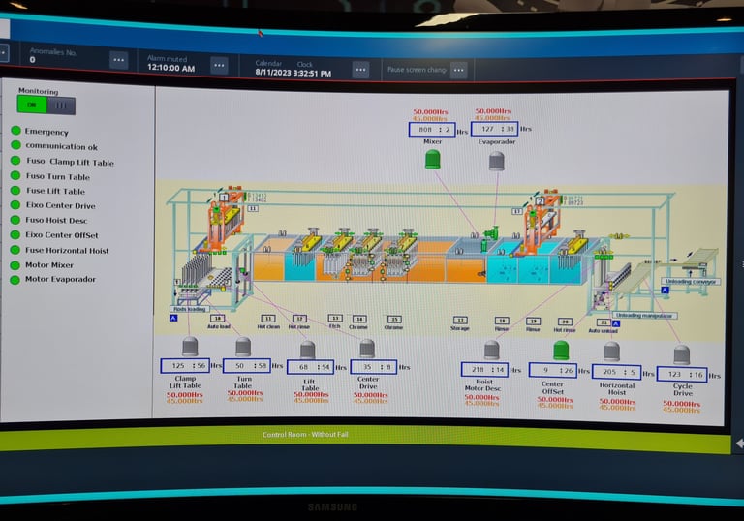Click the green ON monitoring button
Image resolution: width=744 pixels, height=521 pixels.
[x=32, y=105]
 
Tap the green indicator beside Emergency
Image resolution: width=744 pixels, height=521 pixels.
[x=15, y=132]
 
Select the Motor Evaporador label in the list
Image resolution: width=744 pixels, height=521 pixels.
[x=60, y=280]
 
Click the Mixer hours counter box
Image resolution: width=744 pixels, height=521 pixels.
[x=431, y=129]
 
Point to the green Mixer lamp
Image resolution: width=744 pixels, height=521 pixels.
[x=432, y=159]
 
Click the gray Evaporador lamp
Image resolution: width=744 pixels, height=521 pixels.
[x=496, y=160]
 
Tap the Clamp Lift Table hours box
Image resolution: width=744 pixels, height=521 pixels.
[x=185, y=365]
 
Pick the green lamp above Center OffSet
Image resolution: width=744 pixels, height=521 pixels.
[x=561, y=350]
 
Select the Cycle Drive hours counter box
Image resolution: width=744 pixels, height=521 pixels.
[x=682, y=374]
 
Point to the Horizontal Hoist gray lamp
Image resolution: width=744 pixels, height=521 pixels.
[x=611, y=352]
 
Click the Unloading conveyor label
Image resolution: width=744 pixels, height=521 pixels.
[x=692, y=282]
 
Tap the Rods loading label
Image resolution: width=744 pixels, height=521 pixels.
[x=190, y=309]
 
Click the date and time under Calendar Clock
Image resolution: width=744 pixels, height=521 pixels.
[x=293, y=73]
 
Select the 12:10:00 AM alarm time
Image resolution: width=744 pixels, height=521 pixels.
[x=170, y=69]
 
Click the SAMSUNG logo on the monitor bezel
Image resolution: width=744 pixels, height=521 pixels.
[x=332, y=506]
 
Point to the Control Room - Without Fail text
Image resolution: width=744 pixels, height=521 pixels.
[x=305, y=435]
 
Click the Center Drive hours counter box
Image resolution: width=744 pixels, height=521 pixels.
[x=373, y=367]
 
